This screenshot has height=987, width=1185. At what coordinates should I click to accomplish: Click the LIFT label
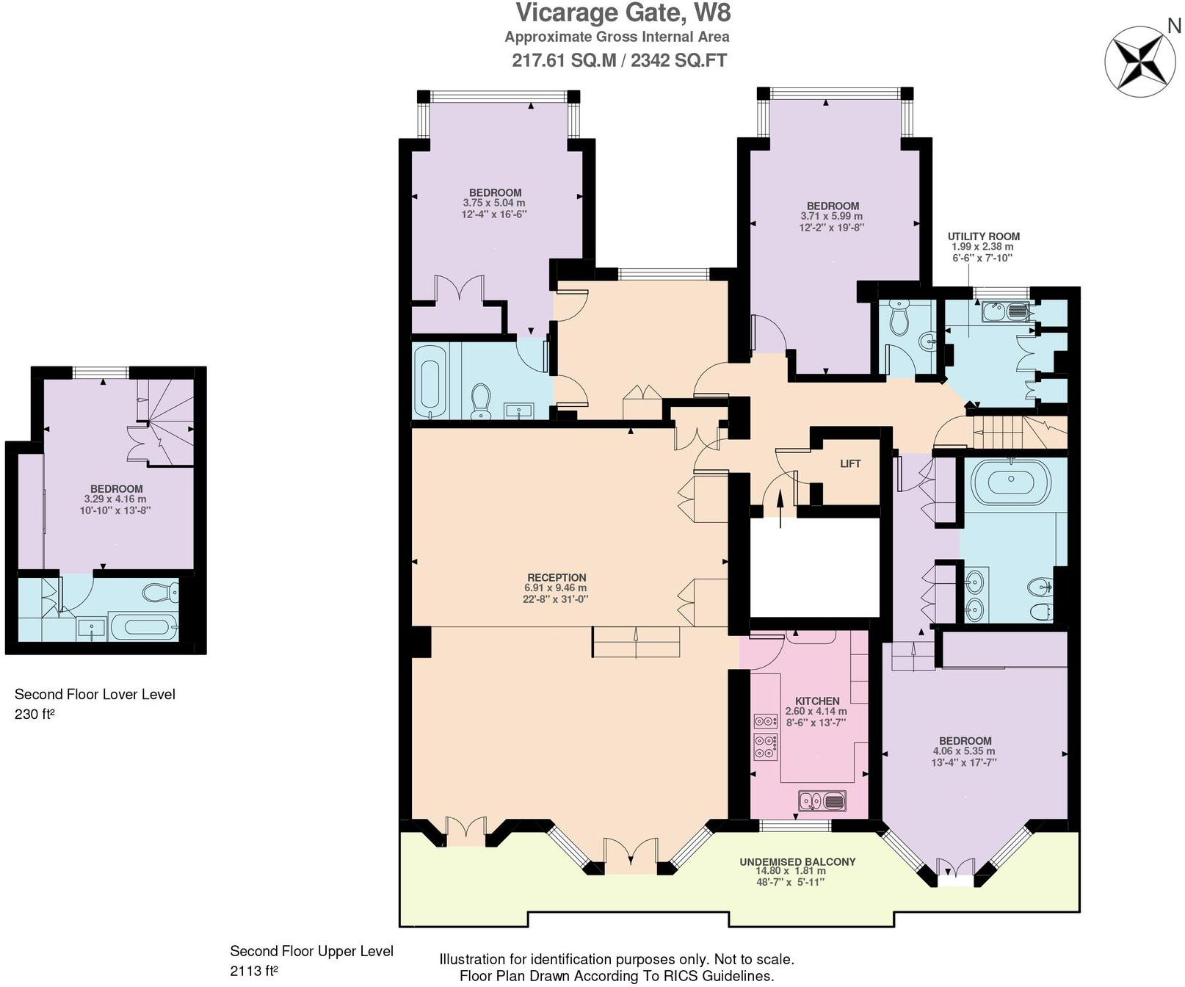tap(849, 463)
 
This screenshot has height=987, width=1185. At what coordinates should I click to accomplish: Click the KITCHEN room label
tap(816, 701)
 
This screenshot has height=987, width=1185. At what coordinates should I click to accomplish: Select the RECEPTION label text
tap(557, 577)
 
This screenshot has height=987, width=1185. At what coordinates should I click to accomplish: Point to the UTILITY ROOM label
tap(983, 236)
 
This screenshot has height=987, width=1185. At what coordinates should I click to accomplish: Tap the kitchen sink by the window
tap(822, 800)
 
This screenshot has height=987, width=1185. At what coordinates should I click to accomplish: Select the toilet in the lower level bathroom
tap(160, 592)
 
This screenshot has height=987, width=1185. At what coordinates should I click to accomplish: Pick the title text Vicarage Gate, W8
tap(623, 13)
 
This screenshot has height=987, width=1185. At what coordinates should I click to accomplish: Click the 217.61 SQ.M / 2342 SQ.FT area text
tap(619, 60)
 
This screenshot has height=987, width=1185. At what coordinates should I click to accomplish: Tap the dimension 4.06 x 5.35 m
tap(963, 751)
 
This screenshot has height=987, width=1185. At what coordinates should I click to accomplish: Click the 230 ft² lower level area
tap(35, 713)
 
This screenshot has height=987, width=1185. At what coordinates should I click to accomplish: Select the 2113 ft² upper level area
tap(253, 971)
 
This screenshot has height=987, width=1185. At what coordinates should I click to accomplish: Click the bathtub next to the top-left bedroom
tap(427, 379)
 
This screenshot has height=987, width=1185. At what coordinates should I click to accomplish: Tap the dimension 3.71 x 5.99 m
tap(831, 217)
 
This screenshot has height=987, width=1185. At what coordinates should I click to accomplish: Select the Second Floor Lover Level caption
tap(95, 694)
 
